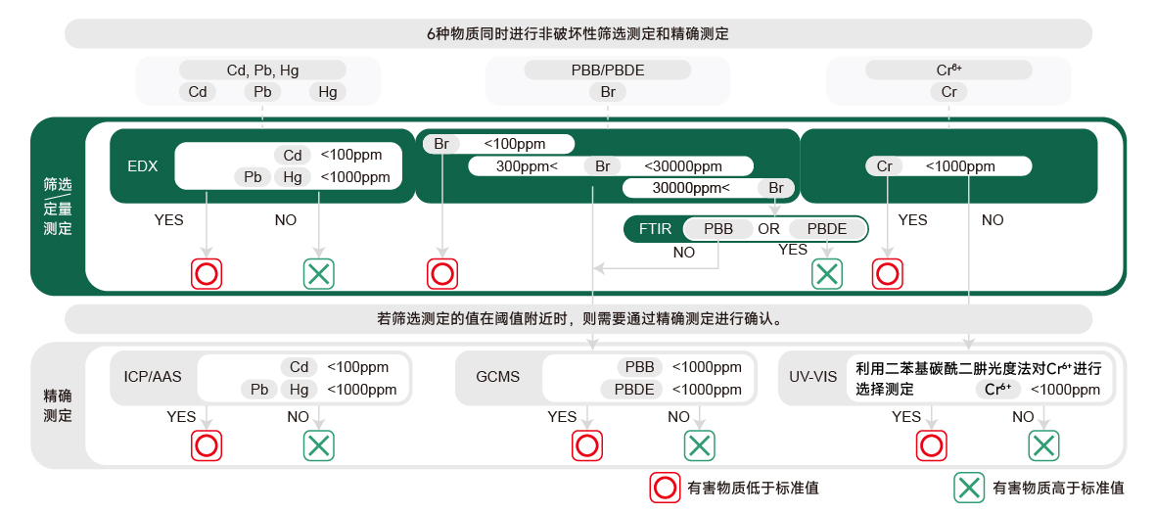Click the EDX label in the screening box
coord(142,165)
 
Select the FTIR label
coord(655,229)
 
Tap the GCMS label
coord(497,376)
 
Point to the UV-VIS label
coord(813,376)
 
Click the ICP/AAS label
coord(152,376)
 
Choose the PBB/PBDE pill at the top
coord(608,70)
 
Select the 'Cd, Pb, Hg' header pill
coord(262,70)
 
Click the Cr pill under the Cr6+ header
coord(948,92)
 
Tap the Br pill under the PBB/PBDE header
coord(608,92)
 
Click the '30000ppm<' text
coord(691,188)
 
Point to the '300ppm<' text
coord(527,166)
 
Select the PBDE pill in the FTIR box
coord(825,229)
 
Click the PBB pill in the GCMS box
coord(639,367)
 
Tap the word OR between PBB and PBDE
coord(768,229)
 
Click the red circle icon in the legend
coord(666,488)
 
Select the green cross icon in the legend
coord(969,488)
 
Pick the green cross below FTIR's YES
coord(827,274)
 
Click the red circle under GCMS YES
coord(586,446)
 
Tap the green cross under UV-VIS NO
coord(1043,446)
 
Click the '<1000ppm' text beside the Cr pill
coord(960,166)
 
